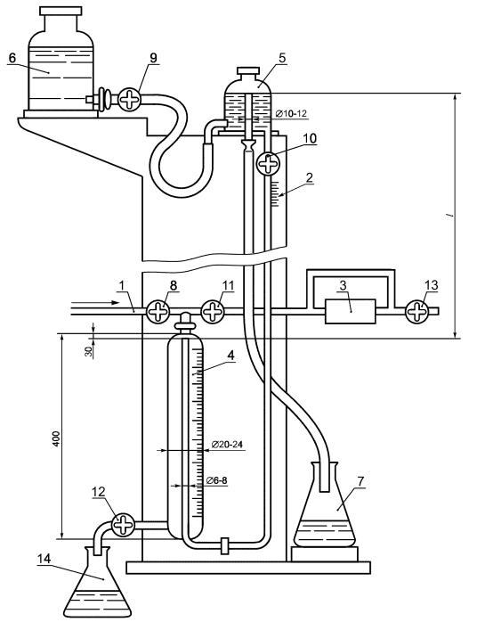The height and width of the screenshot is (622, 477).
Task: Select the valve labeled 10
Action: point(268,163)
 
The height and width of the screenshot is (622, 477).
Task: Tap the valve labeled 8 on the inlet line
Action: point(158,311)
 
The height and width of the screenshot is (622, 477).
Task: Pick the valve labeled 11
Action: point(214,311)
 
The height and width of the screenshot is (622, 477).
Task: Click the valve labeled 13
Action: point(416,311)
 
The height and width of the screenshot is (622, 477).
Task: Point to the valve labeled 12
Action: point(124,525)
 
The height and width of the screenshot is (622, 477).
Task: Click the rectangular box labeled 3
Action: point(351,311)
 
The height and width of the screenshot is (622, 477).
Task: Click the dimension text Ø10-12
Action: point(290,114)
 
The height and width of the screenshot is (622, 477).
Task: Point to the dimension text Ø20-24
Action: point(228,445)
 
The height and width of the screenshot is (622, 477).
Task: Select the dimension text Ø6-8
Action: point(217,480)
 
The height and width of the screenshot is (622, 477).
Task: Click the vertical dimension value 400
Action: point(56,438)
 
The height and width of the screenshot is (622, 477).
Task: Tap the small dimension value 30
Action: point(89,351)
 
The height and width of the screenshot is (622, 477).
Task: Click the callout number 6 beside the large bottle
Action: point(12,58)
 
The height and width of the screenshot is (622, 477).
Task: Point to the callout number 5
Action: point(282,58)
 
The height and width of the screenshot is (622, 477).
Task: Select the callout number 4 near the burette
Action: point(230,355)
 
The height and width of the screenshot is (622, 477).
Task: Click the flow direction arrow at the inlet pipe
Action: point(94,303)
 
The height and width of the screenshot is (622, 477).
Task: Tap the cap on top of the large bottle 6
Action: point(61,11)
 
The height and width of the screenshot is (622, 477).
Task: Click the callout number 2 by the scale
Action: point(310,177)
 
